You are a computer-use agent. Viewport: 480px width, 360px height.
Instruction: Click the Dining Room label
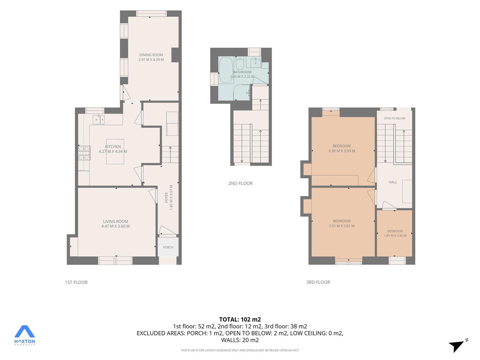tap(151, 55)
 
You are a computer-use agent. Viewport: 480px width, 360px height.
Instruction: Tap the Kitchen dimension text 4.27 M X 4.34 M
tap(113, 151)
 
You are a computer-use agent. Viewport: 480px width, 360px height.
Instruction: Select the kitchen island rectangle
tap(115, 151)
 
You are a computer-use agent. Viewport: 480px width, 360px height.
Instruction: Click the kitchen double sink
tap(99, 119)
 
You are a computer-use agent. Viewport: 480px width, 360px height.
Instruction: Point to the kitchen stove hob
tap(84, 153)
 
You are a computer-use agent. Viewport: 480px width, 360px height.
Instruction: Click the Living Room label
tap(115, 221)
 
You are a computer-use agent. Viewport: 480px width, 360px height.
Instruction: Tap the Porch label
tap(168, 247)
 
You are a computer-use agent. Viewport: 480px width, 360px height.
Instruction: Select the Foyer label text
tap(166, 197)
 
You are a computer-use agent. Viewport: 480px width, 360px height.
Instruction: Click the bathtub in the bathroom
tap(226, 70)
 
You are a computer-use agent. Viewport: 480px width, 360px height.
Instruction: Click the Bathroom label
tap(242, 72)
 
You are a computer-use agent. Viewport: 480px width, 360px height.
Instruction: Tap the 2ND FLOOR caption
tap(240, 183)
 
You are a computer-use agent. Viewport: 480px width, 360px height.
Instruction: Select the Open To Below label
tap(394, 118)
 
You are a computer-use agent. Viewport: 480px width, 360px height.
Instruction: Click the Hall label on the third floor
tap(393, 182)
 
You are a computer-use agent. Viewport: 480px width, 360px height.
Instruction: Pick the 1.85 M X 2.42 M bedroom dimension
tap(395, 235)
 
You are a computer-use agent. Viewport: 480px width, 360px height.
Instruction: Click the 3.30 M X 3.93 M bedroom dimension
tap(342, 151)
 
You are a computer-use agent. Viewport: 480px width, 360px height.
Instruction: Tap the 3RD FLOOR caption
tap(318, 282)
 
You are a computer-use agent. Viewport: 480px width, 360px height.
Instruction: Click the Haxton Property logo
tap(24, 335)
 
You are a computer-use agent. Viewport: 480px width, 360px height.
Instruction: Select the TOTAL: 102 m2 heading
tap(240, 319)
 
